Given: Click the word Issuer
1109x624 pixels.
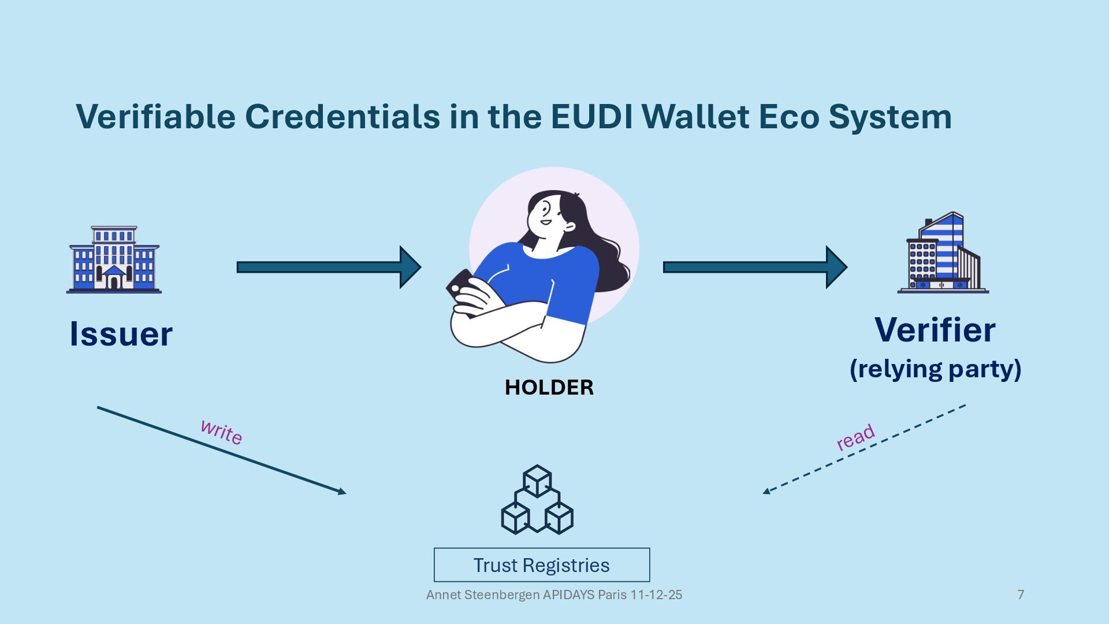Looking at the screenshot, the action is coord(121,334).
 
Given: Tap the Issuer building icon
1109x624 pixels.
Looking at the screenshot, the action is coord(114,260).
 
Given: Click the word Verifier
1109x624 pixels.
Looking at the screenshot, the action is coord(935,330).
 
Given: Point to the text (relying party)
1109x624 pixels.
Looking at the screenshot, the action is coord(935,369).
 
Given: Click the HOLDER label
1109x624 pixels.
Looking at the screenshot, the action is coord(549,387).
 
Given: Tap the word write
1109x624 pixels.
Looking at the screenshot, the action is coord(221,432).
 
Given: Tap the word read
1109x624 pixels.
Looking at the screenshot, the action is coord(855,437).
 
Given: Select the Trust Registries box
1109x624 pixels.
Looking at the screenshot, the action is coord(542,565).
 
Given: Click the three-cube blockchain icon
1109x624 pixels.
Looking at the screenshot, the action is coord(537,500).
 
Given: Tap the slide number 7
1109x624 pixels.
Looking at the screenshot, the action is coord(1021,595).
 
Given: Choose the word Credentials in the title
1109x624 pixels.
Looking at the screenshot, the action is coord(343,117).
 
